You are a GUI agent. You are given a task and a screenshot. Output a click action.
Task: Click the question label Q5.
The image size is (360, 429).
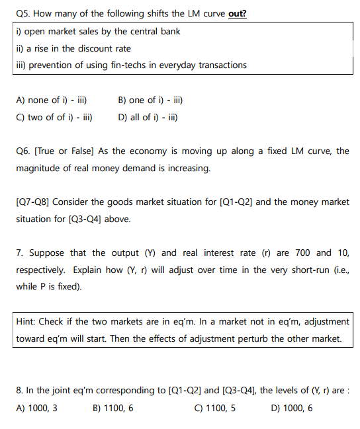pos(22,15)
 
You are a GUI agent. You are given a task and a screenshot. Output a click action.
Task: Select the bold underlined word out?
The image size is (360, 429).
pos(238,15)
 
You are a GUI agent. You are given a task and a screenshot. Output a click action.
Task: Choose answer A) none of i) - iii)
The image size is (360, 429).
pos(52,100)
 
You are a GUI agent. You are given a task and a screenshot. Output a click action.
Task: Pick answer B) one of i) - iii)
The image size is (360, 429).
pos(150,100)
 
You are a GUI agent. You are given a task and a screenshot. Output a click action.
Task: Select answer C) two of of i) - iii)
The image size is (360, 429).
pos(54,118)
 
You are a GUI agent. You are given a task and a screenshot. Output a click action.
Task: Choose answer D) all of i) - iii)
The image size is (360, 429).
pos(147,118)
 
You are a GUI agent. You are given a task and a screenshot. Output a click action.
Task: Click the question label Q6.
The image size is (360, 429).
pos(22,151)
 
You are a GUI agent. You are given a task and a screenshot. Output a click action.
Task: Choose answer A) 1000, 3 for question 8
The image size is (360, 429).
pos(37,408)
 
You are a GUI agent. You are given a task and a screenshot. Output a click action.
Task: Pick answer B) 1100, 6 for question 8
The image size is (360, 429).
pos(114,408)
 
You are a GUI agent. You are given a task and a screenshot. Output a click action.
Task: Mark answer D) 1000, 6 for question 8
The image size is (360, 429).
pos(292,408)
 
